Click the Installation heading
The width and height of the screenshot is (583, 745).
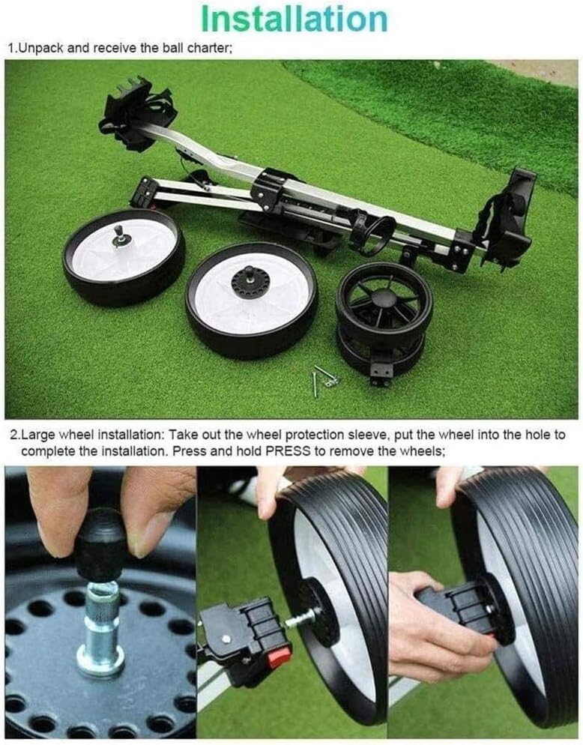point(294,17)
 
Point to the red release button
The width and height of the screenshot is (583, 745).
point(280,657)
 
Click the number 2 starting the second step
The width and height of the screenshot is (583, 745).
point(12,435)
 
